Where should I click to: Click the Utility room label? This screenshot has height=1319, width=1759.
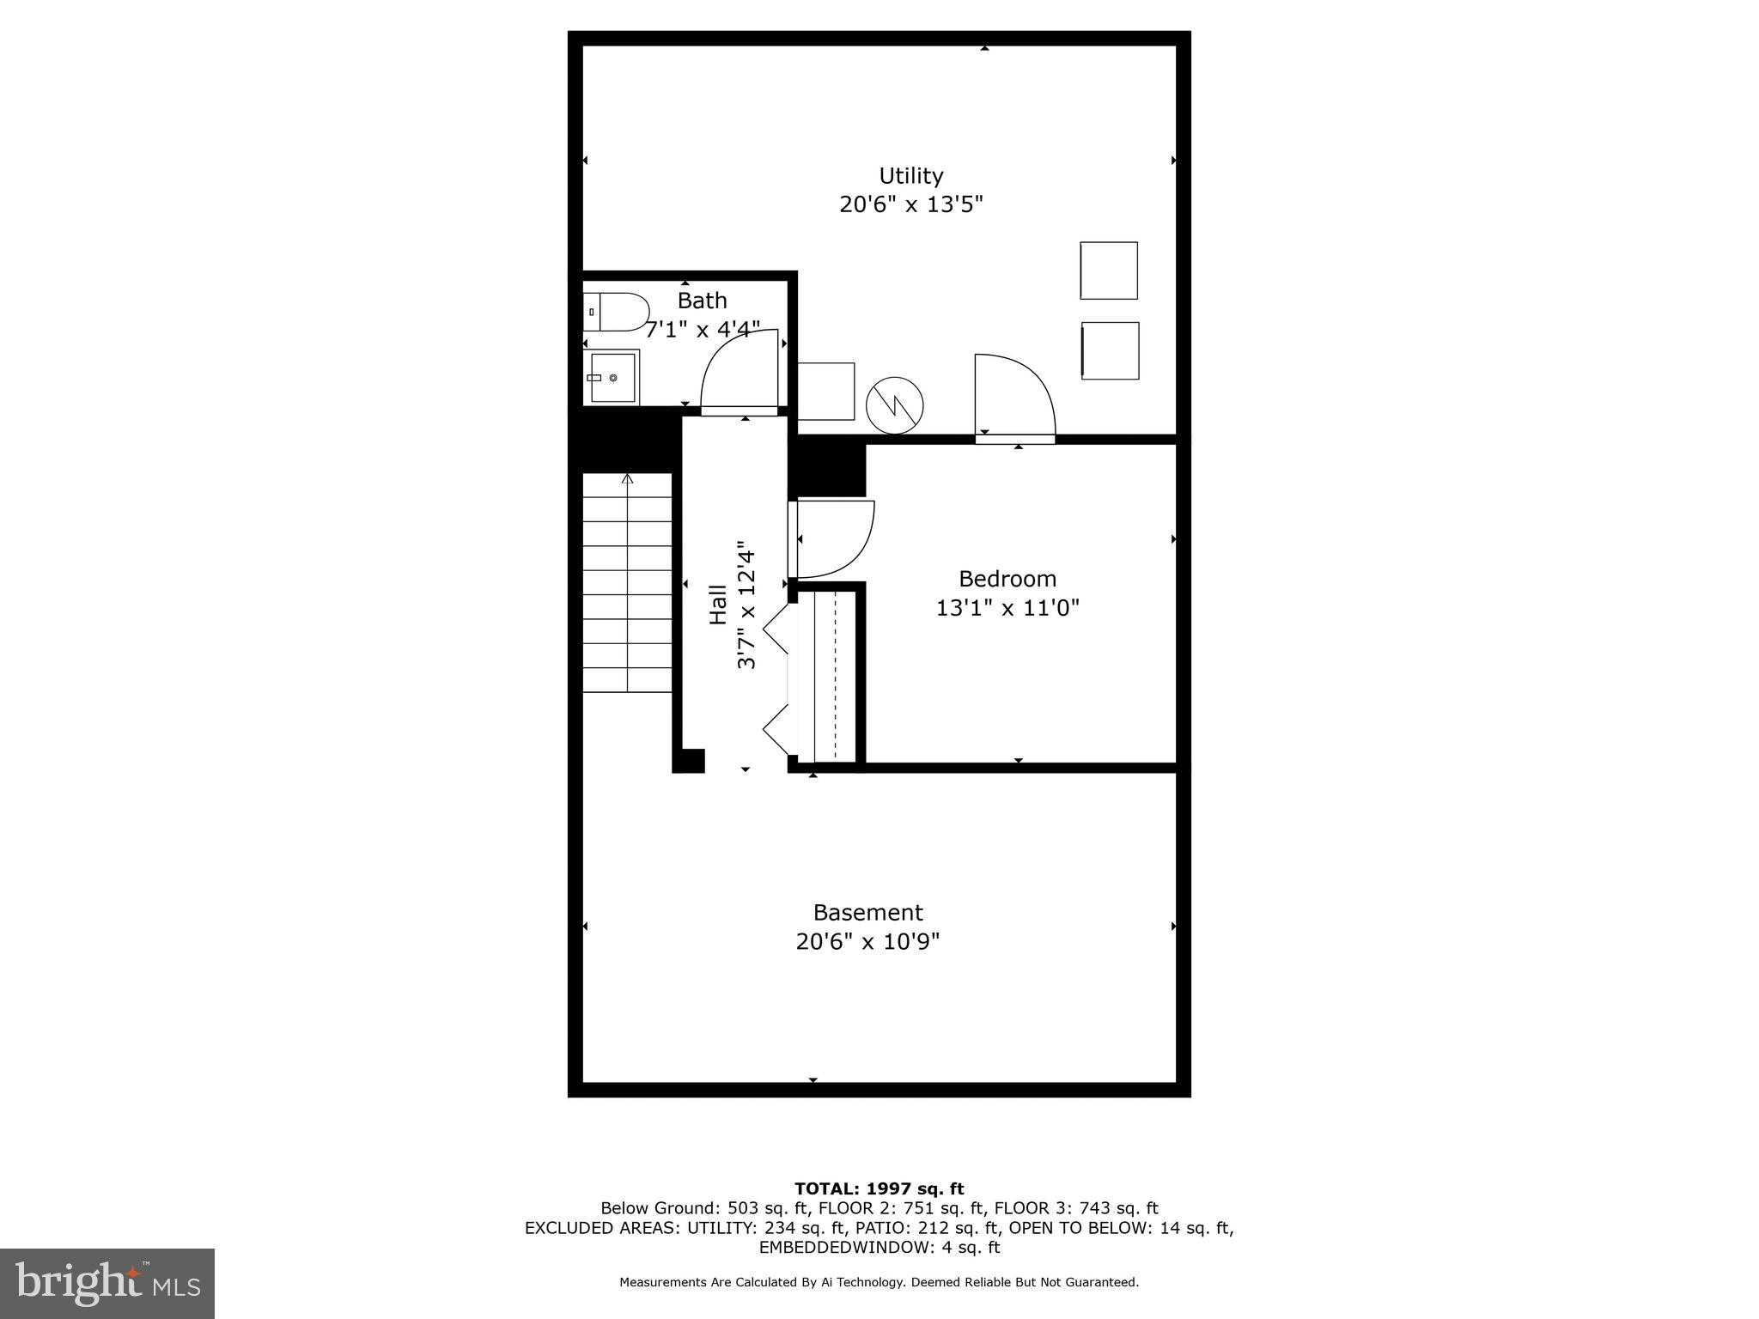click(x=910, y=176)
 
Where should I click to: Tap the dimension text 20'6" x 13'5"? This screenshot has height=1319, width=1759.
click(x=910, y=205)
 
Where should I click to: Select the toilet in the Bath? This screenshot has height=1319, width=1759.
click(x=616, y=312)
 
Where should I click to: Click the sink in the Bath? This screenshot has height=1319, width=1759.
click(x=612, y=377)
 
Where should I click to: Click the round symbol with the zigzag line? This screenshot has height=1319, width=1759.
click(x=894, y=405)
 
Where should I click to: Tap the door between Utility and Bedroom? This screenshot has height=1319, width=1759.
click(x=1013, y=397)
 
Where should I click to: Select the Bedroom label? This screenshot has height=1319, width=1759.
click(x=1007, y=579)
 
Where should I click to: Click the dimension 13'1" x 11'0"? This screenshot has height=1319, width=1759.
click(x=1007, y=608)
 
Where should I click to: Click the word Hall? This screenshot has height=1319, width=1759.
click(x=718, y=604)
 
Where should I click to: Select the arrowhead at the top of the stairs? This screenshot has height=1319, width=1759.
click(x=628, y=478)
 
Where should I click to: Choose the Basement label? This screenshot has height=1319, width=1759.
click(x=867, y=912)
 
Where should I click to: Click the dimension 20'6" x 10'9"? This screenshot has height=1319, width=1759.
click(x=867, y=942)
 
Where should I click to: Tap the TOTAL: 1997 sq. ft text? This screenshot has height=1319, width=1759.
click(x=879, y=1188)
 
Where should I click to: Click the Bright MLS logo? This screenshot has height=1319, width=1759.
click(x=107, y=1283)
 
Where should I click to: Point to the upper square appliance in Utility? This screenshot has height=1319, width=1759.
click(x=1108, y=270)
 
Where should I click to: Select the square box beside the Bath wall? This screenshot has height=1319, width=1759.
click(x=826, y=391)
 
